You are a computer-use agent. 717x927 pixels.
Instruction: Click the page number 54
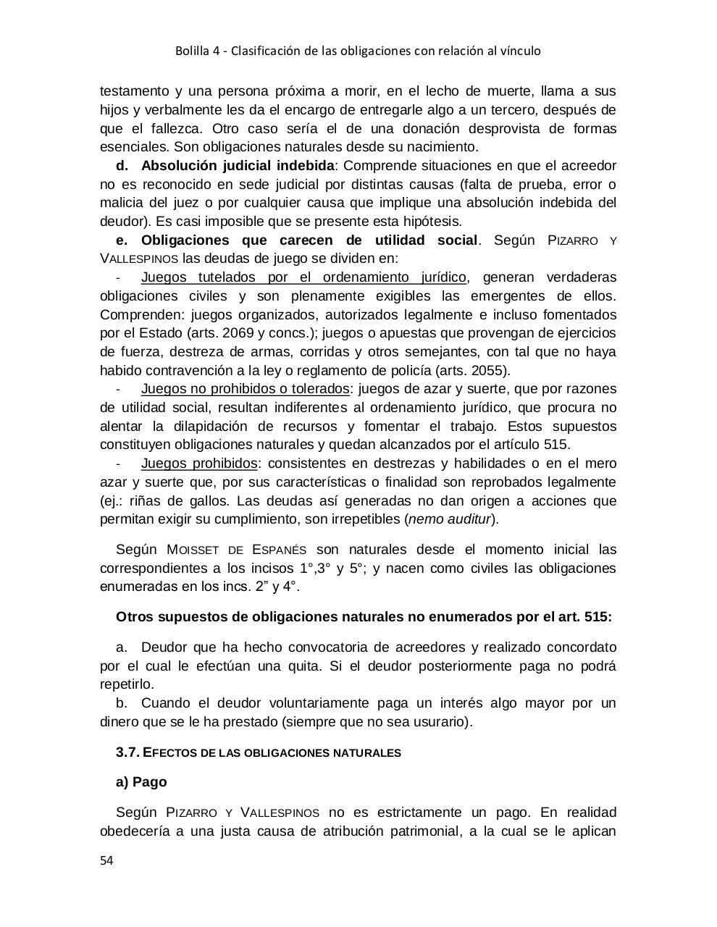[106, 860]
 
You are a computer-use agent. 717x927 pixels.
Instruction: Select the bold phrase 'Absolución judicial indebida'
[238, 166]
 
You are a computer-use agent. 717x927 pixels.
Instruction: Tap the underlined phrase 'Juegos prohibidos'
[199, 463]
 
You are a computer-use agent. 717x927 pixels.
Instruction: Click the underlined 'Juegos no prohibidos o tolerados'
[245, 389]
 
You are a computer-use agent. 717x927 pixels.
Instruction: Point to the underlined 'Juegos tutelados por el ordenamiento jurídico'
[303, 277]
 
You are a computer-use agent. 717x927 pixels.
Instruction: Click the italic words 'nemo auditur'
[450, 519]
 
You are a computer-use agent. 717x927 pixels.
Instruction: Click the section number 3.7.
[127, 752]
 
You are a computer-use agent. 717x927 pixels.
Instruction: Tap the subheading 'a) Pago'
[141, 782]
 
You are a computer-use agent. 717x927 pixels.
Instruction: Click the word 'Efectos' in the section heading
[169, 752]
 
